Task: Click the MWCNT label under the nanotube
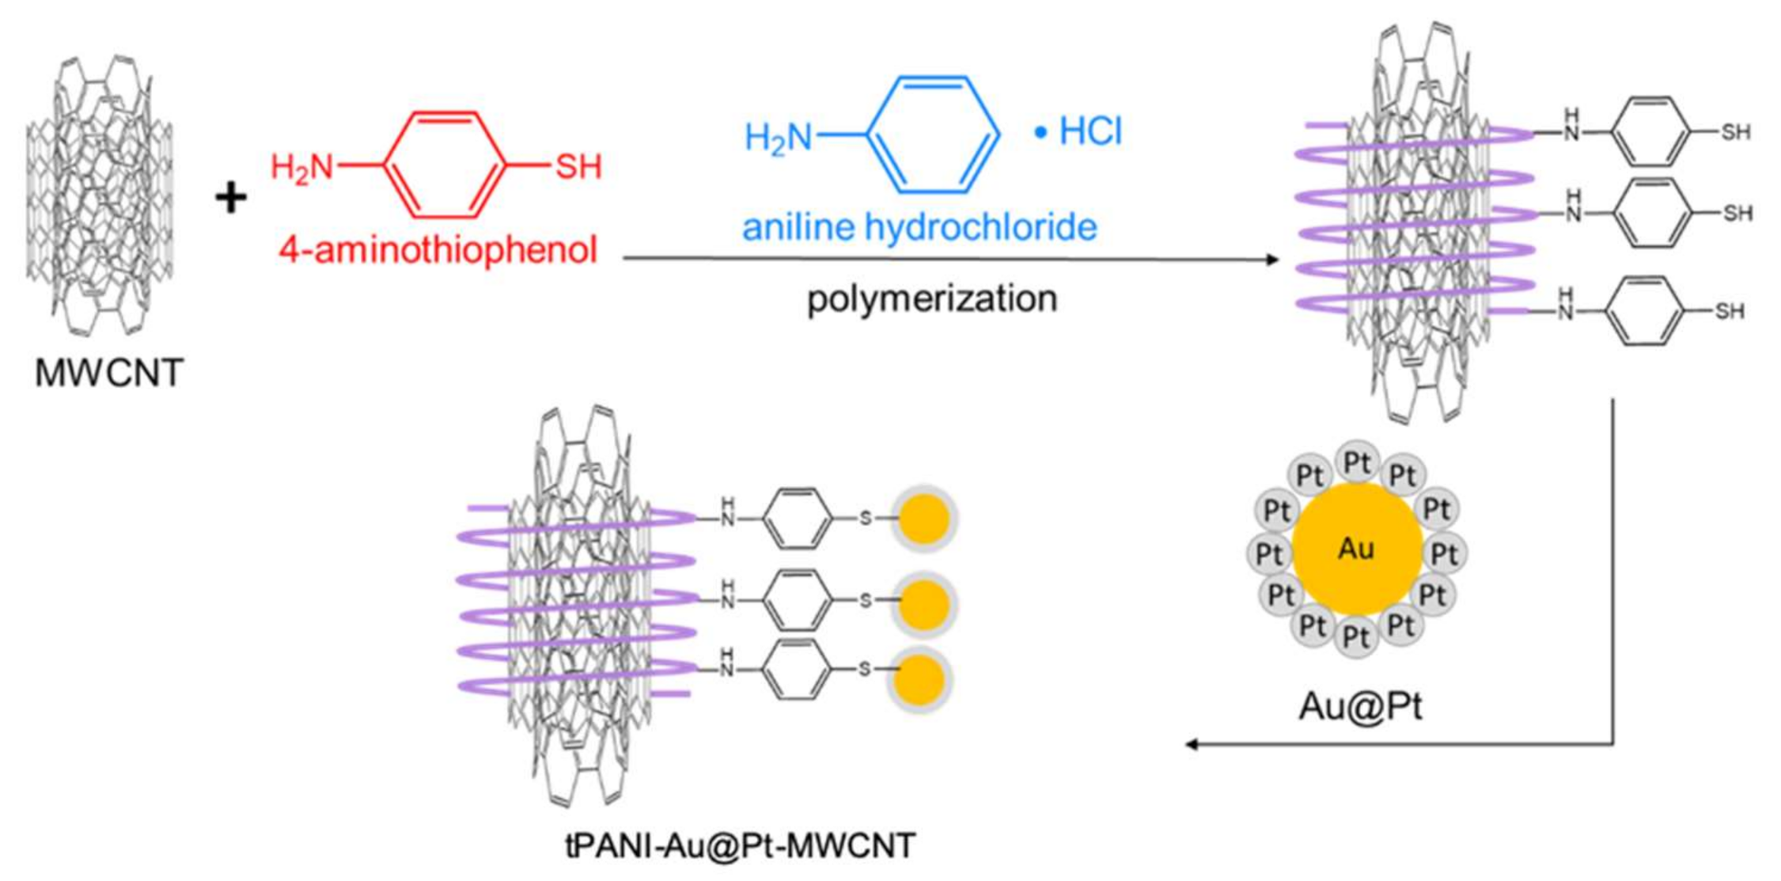(109, 373)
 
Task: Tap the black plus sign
(231, 197)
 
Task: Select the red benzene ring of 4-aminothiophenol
(445, 165)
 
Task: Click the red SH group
(578, 167)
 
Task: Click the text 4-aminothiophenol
(438, 250)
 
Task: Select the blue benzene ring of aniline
(934, 135)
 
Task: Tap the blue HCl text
(1089, 131)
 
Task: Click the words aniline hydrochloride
(919, 227)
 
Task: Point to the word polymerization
(932, 299)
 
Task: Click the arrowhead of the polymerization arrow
(1272, 260)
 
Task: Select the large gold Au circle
(1357, 549)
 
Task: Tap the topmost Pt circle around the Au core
(1358, 462)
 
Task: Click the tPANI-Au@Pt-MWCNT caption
(741, 845)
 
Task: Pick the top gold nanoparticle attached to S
(924, 518)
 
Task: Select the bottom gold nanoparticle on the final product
(920, 680)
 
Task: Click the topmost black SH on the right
(1735, 132)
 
